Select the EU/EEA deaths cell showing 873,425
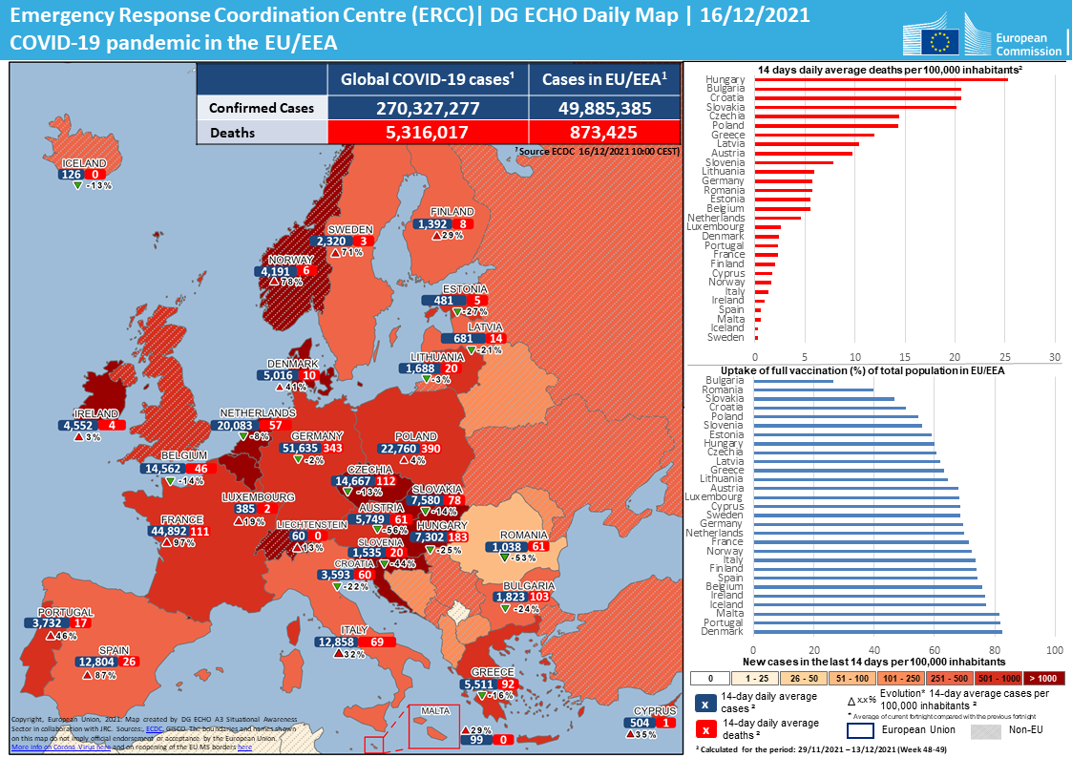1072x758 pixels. [603, 133]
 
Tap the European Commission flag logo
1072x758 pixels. [940, 40]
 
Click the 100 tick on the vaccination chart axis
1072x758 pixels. [1055, 650]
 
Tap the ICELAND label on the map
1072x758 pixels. [84, 163]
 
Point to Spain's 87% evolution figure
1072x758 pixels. [105, 675]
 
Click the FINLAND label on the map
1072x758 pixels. [452, 211]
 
